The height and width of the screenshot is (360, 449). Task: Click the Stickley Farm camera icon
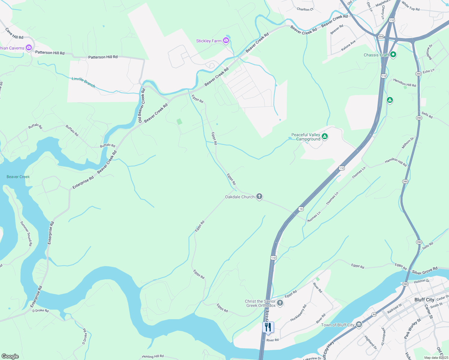(226, 40)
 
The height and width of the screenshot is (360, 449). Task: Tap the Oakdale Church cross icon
(259, 196)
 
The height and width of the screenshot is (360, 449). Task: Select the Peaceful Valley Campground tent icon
(324, 136)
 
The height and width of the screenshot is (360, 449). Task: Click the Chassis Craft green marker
(393, 55)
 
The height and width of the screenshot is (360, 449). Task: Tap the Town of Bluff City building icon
(359, 325)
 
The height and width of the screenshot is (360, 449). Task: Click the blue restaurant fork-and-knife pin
(268, 327)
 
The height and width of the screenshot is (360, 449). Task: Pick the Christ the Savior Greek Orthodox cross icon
(280, 303)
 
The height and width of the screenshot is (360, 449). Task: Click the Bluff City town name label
(424, 300)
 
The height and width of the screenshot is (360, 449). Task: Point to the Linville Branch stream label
(83, 82)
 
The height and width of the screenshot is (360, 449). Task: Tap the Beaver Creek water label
(18, 177)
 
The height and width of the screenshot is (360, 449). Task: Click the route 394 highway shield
(381, 37)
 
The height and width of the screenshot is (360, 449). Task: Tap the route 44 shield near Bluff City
(374, 314)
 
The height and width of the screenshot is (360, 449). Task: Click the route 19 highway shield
(301, 209)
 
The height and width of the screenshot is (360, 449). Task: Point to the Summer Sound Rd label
(26, 233)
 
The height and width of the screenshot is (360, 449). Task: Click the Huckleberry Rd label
(298, 313)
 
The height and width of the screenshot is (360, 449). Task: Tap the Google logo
(10, 356)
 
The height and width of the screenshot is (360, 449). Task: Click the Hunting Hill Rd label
(153, 356)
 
